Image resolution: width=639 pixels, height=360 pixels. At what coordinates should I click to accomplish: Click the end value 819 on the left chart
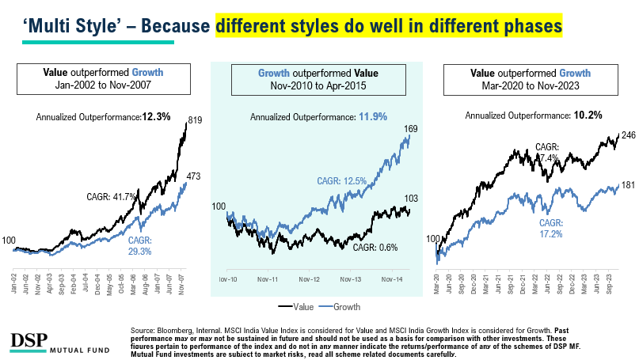[196, 121]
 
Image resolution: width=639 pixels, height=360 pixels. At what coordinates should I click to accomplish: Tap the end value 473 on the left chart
[196, 176]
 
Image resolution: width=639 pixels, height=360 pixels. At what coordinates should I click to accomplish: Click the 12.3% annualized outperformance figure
[156, 116]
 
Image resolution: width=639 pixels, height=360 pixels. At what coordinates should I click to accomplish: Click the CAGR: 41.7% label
[112, 195]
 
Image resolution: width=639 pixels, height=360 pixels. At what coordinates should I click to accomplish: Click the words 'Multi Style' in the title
[63, 26]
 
